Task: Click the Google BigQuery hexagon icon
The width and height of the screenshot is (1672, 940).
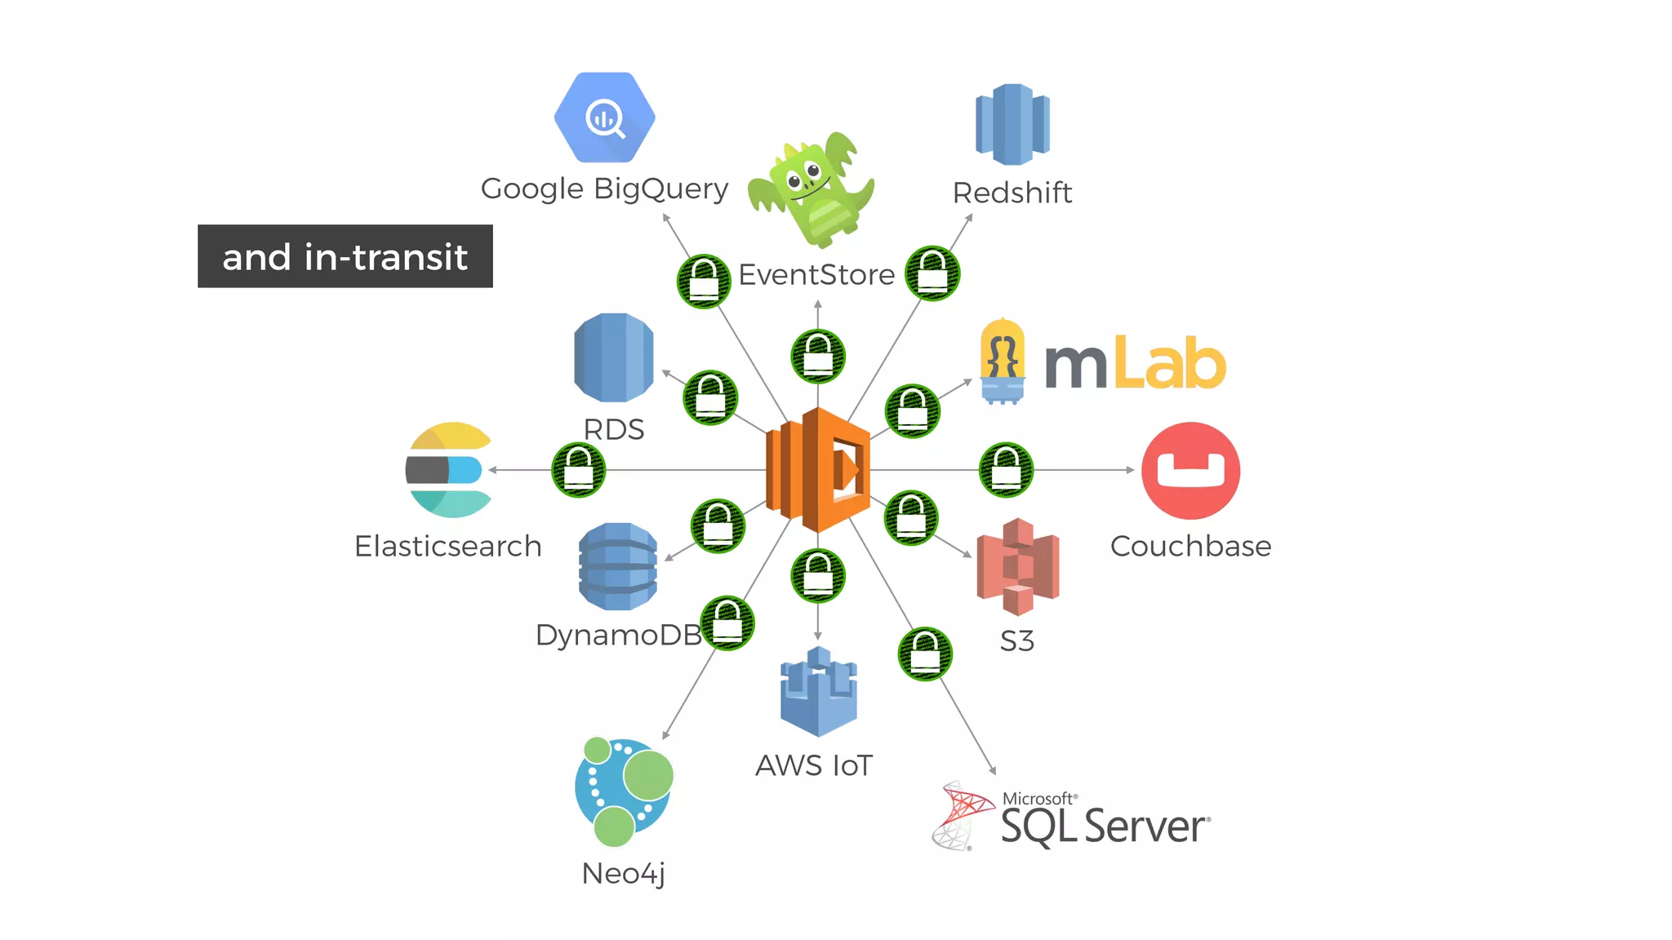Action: [604, 117]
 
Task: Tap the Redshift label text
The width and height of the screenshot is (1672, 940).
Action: [1012, 193]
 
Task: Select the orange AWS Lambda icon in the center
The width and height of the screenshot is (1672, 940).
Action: [818, 470]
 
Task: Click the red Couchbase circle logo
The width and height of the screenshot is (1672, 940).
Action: [1190, 471]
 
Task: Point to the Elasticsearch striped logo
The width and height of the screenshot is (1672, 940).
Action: [448, 470]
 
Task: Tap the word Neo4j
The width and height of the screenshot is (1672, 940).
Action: [624, 873]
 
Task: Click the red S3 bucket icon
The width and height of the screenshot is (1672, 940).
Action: [1017, 566]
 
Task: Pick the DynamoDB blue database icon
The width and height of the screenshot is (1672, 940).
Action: [618, 566]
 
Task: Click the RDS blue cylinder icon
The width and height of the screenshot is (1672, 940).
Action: [614, 357]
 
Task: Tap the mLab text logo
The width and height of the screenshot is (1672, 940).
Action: [1135, 364]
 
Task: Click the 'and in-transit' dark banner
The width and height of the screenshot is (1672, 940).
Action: [345, 256]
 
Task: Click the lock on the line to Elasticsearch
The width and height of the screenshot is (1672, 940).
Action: [579, 470]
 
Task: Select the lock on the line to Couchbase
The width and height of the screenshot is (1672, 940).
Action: [1006, 470]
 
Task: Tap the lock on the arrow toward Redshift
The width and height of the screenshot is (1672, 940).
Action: [932, 273]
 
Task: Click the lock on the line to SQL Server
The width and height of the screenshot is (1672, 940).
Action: [925, 654]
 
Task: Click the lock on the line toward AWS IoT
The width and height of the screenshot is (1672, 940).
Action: [818, 576]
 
